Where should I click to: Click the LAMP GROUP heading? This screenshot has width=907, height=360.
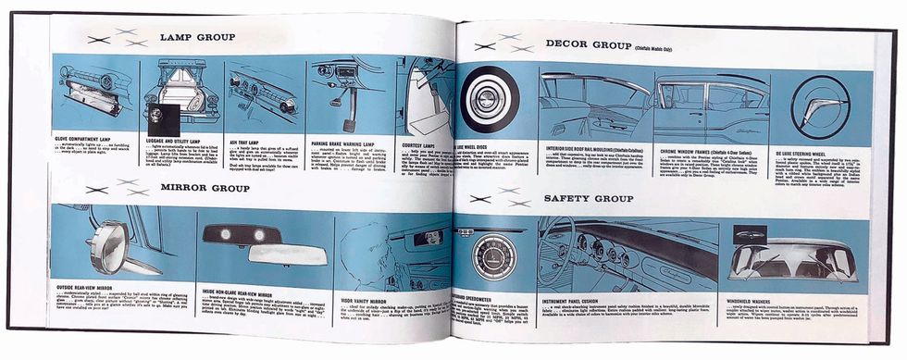196,38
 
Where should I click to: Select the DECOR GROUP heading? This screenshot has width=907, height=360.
587,44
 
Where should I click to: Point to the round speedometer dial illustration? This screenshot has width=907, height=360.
488,257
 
